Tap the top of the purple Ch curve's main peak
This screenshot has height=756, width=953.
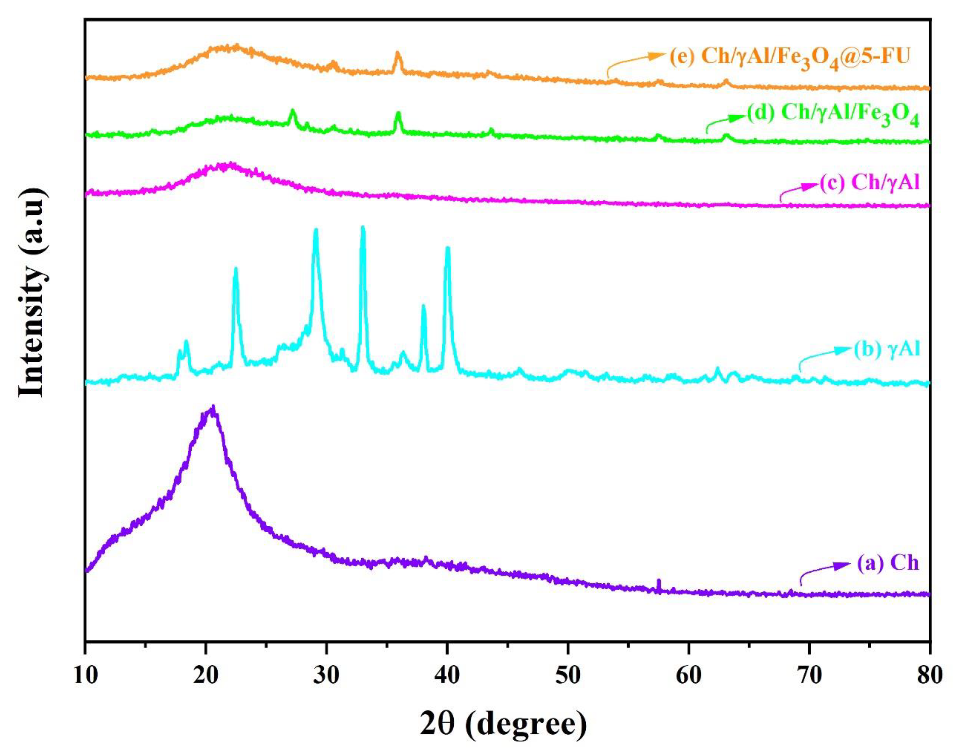213,407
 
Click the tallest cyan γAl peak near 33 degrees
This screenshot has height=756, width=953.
363,228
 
